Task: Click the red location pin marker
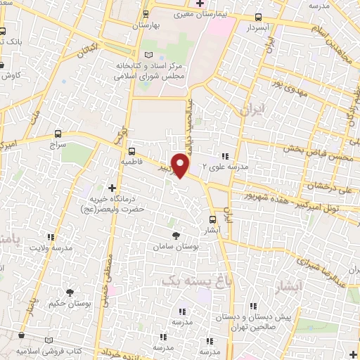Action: click(x=181, y=165)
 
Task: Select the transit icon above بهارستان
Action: click(x=146, y=14)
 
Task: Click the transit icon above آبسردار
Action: click(x=259, y=18)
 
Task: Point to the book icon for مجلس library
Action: click(x=146, y=56)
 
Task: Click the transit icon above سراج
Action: click(x=58, y=133)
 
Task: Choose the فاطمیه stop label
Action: click(x=131, y=161)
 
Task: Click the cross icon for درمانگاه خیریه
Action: click(x=112, y=188)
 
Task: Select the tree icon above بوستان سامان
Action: click(x=176, y=236)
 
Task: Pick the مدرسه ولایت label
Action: click(x=55, y=248)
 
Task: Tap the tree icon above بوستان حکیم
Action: click(x=70, y=292)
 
